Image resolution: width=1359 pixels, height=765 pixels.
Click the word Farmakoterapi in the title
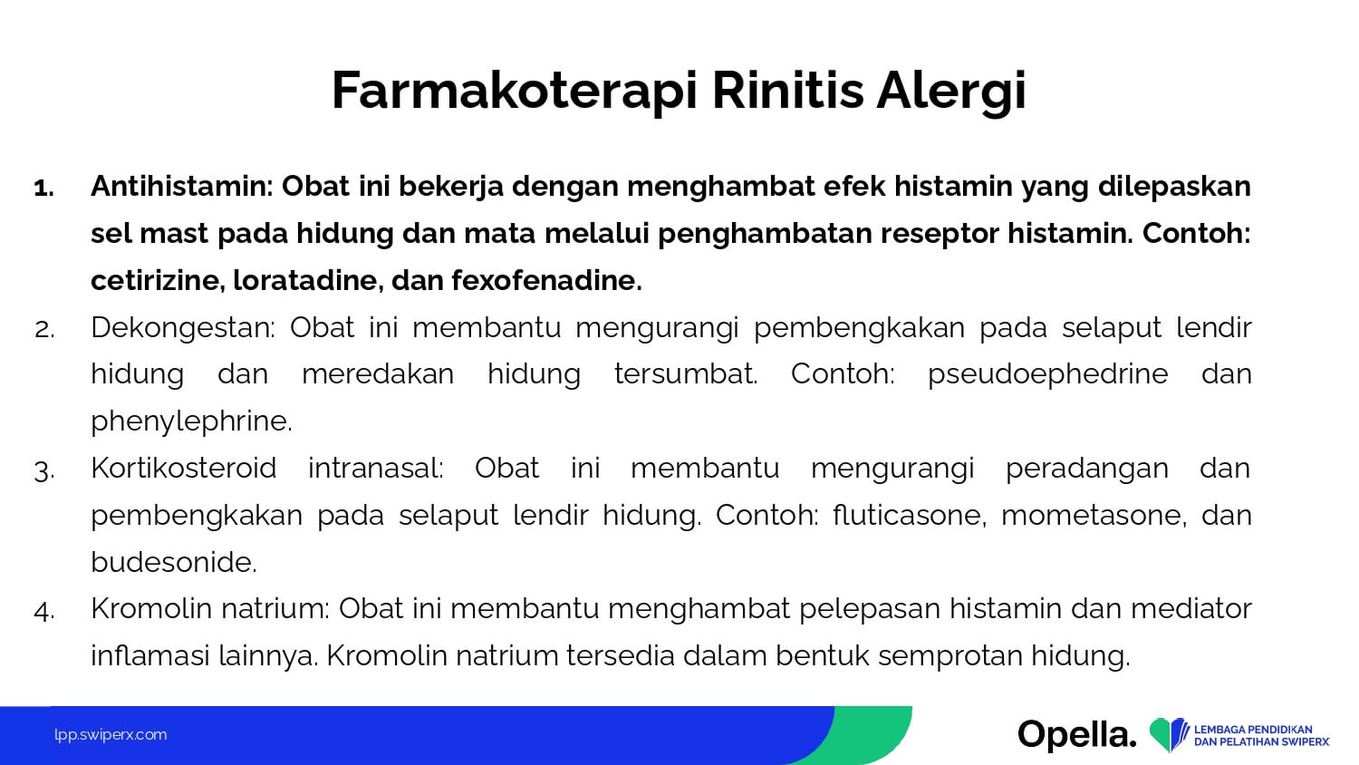[x=515, y=92]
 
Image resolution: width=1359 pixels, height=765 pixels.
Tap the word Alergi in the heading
[x=950, y=92]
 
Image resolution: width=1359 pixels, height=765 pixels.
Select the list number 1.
[x=44, y=189]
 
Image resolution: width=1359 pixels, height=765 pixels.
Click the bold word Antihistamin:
[x=182, y=186]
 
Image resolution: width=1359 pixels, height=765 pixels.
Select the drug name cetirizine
[x=158, y=280]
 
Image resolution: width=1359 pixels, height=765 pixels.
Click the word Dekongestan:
[x=183, y=329]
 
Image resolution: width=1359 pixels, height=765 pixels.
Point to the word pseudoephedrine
[x=1047, y=374]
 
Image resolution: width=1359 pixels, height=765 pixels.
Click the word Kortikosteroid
[x=184, y=468]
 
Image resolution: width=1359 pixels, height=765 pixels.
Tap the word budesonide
[x=174, y=562]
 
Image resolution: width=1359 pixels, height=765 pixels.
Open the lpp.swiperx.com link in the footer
[x=111, y=735]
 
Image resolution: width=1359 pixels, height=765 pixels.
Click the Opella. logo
[x=1077, y=735]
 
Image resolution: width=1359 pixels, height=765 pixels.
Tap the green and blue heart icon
[x=1169, y=734]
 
